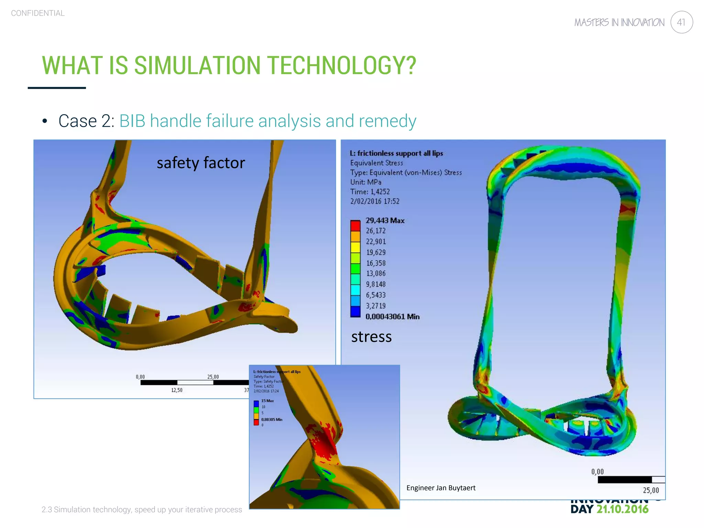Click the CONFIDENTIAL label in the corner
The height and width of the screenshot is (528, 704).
[38, 13]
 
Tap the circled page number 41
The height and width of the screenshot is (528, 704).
[681, 22]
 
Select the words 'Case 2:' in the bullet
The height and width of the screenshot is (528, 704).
[87, 121]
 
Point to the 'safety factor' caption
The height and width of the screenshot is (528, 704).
[201, 163]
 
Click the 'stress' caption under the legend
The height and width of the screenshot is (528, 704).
[371, 337]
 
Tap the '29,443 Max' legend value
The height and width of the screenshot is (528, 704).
[385, 220]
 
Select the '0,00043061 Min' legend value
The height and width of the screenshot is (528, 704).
[392, 317]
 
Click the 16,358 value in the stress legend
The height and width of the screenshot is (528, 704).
[376, 263]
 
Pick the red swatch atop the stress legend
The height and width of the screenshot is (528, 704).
[355, 226]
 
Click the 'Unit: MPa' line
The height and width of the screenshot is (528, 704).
[366, 182]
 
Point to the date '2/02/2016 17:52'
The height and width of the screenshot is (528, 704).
[375, 201]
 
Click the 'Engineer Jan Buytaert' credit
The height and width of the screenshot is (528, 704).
[441, 488]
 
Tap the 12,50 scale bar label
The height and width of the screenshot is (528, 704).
[177, 390]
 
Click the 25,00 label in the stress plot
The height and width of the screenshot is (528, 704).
[651, 490]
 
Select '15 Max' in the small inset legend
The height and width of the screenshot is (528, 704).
[267, 401]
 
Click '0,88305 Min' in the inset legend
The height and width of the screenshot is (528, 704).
[272, 419]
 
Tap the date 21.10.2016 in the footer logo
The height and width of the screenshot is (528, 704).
[622, 509]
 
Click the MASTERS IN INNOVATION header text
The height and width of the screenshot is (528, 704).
[619, 22]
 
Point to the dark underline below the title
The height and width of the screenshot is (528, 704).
[57, 88]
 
